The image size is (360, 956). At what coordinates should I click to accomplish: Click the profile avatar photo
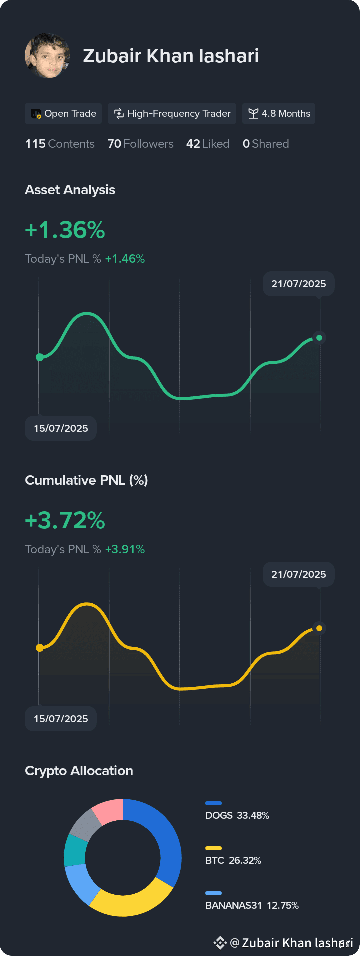[x=47, y=56]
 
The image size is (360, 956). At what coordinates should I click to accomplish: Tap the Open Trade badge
[x=63, y=114]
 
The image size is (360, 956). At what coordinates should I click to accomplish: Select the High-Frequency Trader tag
[x=172, y=114]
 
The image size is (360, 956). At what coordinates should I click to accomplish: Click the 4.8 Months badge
[x=279, y=114]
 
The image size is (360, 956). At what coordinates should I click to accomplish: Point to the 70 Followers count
[x=141, y=144]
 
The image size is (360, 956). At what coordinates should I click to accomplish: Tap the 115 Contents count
[x=60, y=144]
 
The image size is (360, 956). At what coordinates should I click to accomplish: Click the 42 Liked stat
[x=208, y=144]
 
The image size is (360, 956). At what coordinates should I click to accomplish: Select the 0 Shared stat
[x=266, y=144]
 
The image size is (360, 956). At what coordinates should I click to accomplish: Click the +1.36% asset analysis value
[x=65, y=230]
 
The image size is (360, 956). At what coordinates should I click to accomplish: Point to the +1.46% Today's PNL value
[x=125, y=259]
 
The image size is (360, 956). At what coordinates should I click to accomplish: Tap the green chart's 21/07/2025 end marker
[x=319, y=338]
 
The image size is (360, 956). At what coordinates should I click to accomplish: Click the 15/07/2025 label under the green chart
[x=61, y=428]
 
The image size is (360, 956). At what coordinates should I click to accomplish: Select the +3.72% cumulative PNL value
[x=65, y=520]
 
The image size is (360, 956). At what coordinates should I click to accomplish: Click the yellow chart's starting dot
[x=40, y=648]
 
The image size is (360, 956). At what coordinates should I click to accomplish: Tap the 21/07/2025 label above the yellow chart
[x=299, y=574]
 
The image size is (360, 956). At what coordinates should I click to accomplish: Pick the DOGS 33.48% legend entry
[x=237, y=811]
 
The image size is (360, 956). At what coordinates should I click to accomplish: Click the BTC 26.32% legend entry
[x=233, y=856]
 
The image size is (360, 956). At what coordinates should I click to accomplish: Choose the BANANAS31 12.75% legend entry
[x=252, y=901]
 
